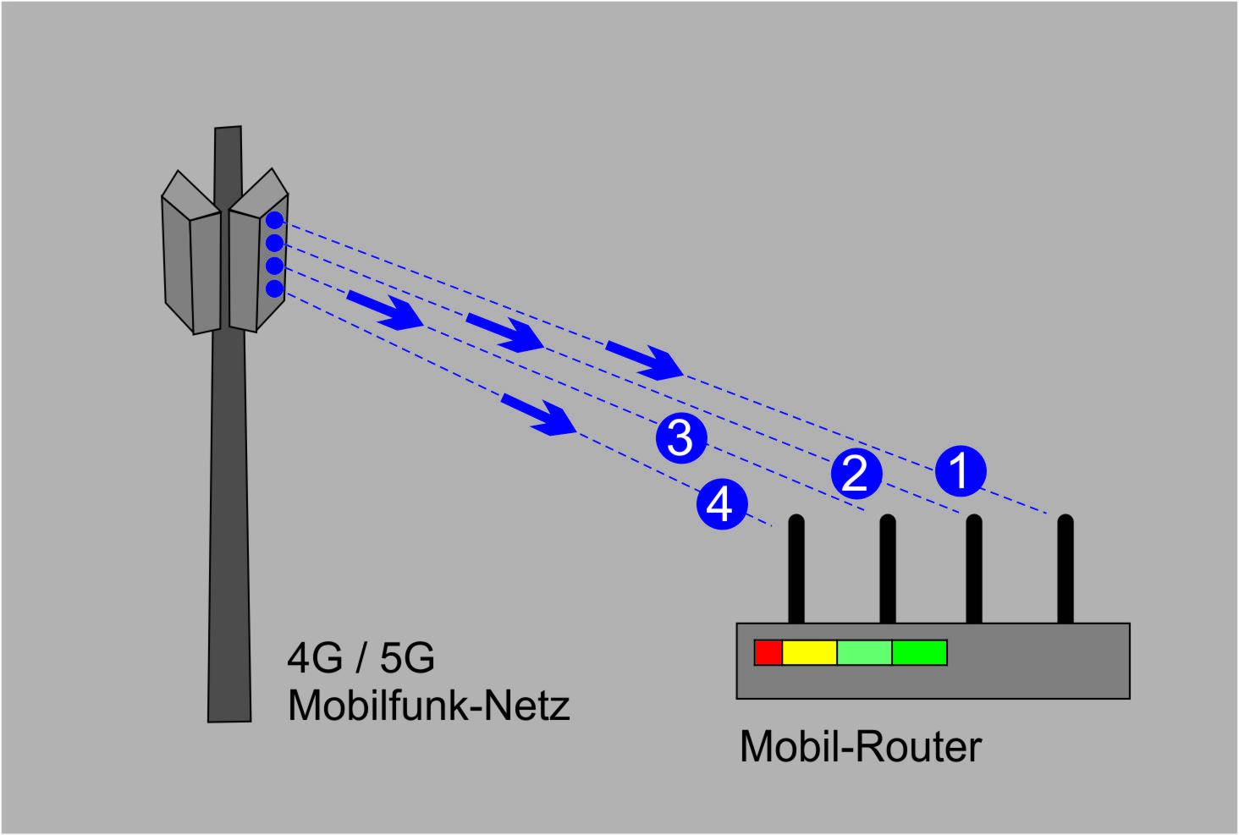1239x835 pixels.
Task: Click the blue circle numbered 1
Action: (x=961, y=470)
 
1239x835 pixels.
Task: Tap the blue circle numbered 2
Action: (x=856, y=472)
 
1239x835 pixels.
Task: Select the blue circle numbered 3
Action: (x=681, y=437)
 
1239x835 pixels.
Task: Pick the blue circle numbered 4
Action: (x=721, y=504)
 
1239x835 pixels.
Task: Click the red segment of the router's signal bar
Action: (x=768, y=653)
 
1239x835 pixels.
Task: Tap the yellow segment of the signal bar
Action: (x=809, y=653)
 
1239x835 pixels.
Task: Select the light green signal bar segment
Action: (x=864, y=653)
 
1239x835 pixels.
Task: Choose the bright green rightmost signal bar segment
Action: (x=919, y=653)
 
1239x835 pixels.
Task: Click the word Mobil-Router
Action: (x=860, y=747)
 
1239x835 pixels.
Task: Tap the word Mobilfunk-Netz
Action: (x=428, y=706)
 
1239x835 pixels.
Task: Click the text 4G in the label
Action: (x=315, y=658)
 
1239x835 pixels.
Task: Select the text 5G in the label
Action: (x=407, y=658)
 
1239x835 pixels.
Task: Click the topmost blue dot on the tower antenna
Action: (x=274, y=221)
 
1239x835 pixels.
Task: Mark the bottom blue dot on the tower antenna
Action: (x=274, y=289)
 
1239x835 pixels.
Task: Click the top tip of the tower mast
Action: (x=229, y=129)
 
